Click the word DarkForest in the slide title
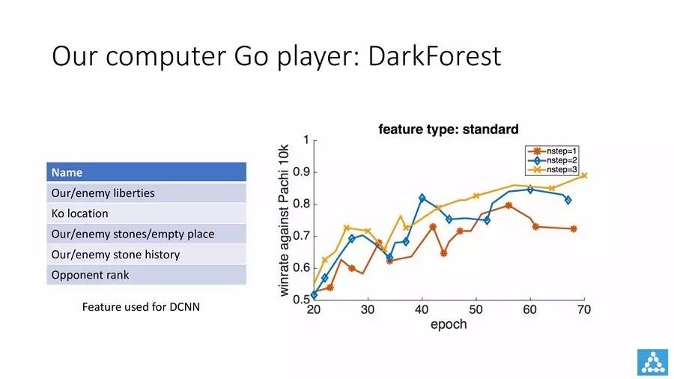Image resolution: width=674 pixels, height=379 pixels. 434,56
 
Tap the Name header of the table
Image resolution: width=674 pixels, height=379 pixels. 146,172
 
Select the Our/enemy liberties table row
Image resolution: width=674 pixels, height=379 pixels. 146,192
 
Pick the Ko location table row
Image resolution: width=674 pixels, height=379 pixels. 146,213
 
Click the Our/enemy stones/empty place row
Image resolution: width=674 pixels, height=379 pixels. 146,234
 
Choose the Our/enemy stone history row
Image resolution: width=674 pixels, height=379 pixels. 146,255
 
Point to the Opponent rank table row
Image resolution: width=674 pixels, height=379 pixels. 146,275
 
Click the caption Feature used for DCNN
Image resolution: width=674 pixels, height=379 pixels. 141,307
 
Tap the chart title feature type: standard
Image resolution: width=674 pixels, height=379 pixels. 449,130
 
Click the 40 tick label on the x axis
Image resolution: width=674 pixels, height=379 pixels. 422,309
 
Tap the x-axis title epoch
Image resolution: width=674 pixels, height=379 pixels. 449,324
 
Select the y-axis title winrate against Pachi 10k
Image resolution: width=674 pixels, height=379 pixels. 284,220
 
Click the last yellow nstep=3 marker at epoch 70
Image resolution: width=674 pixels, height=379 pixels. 583,175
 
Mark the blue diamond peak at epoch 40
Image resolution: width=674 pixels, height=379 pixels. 422,198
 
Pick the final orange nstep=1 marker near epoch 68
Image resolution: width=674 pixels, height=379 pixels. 574,229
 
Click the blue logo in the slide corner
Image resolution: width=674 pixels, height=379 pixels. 652,362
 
